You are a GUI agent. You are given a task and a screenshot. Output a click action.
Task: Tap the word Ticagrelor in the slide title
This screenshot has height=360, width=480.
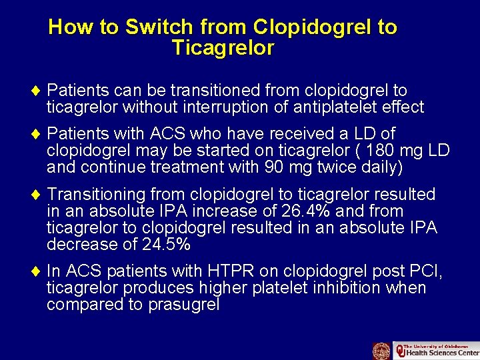223,49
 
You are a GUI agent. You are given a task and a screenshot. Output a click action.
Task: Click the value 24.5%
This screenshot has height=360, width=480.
167,245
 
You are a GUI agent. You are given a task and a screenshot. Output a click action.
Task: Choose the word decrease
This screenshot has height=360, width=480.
83,245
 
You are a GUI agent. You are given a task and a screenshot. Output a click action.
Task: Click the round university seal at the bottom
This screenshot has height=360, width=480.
381,351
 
